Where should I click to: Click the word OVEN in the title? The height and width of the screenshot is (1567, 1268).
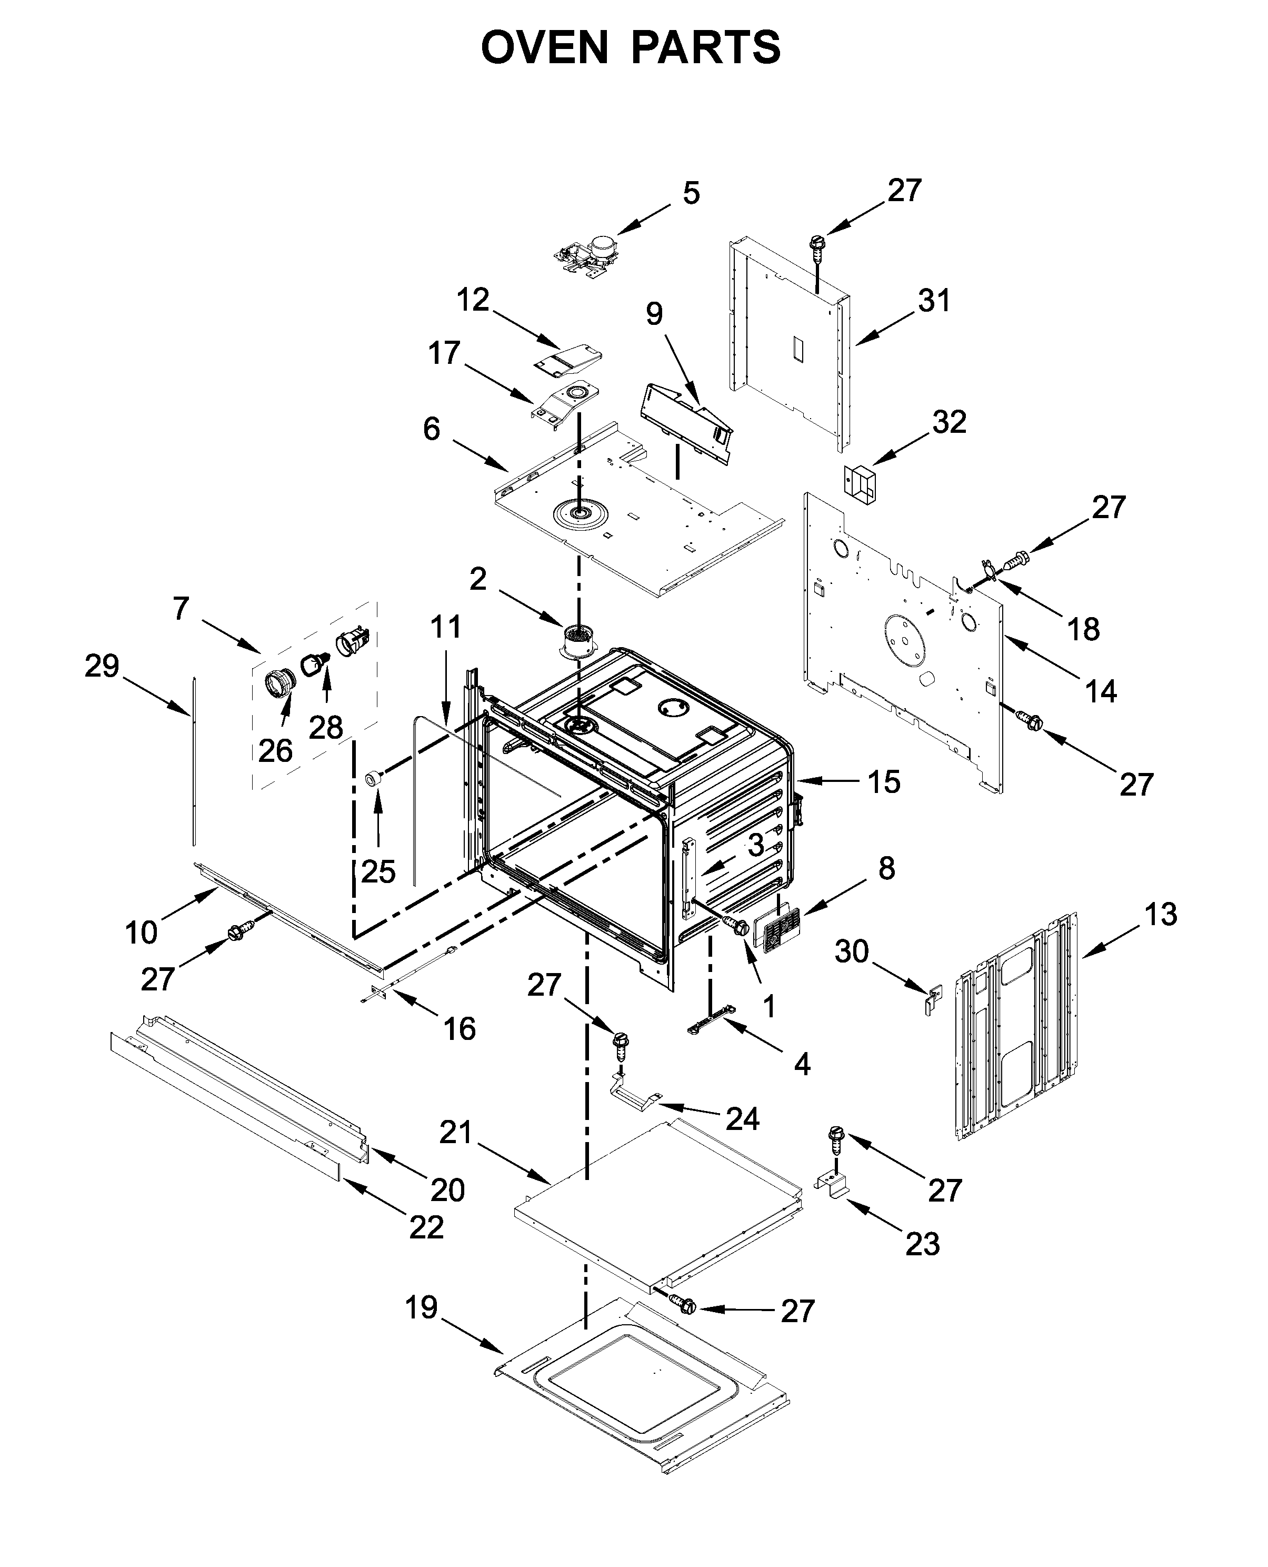point(544,48)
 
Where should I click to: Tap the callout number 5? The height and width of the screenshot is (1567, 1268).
point(691,194)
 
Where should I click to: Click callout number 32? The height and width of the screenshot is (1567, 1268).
point(949,422)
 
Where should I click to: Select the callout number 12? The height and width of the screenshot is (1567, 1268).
point(473,300)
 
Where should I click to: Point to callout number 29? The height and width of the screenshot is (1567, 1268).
point(102,666)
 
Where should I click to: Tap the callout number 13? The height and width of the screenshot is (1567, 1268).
point(1161,915)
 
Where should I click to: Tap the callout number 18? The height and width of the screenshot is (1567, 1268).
point(1083,629)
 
